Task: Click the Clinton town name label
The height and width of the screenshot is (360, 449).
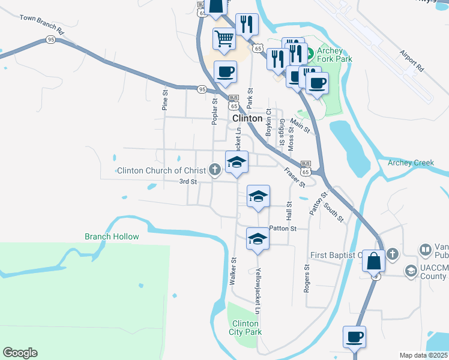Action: click(x=247, y=118)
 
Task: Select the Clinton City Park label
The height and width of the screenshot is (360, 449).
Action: click(x=245, y=328)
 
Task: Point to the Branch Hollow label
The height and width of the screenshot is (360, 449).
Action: click(x=112, y=236)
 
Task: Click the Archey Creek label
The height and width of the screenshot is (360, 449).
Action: click(x=411, y=163)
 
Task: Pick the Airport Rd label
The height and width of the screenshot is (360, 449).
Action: click(x=412, y=61)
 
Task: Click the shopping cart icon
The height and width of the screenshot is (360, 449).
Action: click(x=224, y=39)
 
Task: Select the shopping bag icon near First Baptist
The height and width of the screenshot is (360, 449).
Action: click(x=373, y=262)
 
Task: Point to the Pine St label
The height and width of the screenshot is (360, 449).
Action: click(x=164, y=100)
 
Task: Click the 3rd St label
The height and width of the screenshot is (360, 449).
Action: click(x=188, y=181)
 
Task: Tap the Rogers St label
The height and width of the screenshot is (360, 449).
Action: click(x=306, y=275)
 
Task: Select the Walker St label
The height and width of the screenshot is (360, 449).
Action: click(x=233, y=271)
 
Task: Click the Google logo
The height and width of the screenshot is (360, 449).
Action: click(x=20, y=353)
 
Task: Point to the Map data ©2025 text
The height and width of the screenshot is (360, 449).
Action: click(x=423, y=355)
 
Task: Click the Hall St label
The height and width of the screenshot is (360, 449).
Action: click(x=289, y=210)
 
